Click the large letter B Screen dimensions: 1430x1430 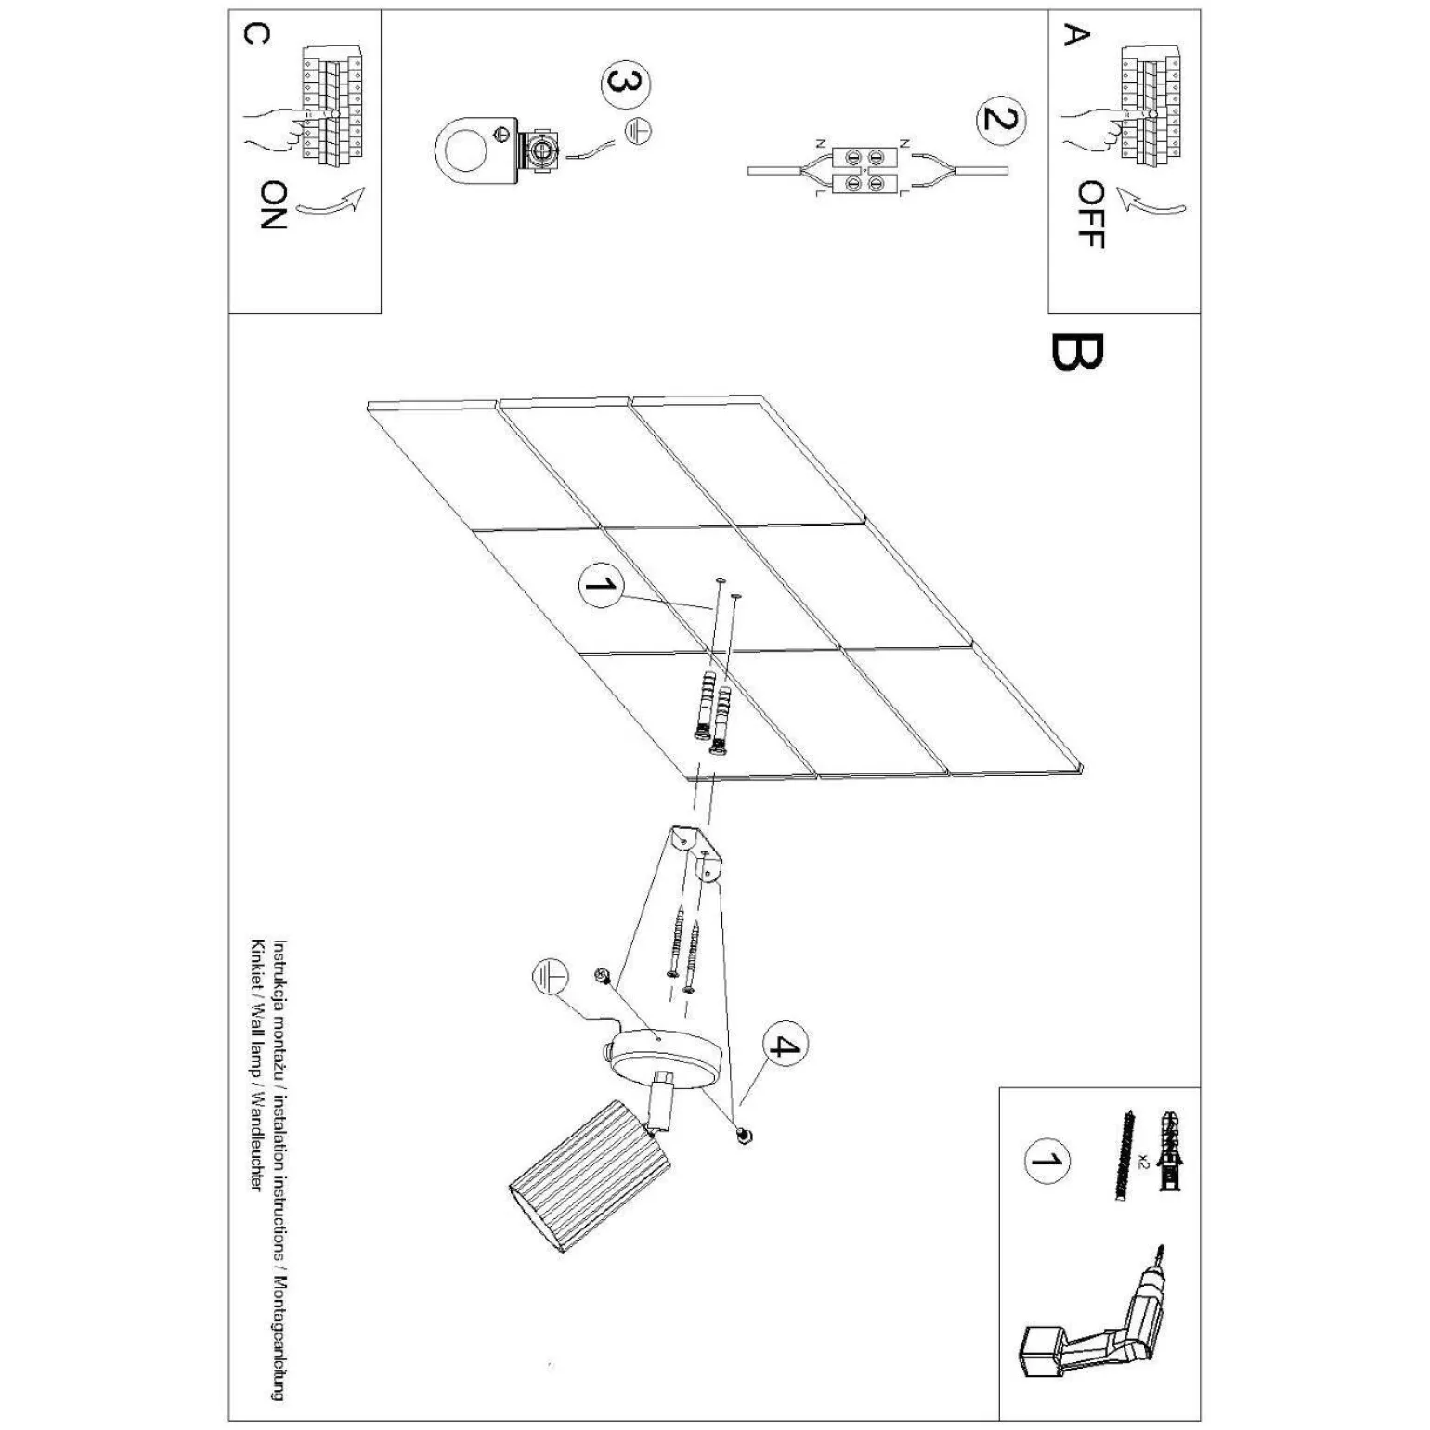tap(1078, 352)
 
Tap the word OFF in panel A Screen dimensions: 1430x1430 tap(1090, 214)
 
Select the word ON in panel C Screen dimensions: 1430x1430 tap(273, 205)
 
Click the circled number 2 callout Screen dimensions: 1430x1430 tap(1001, 121)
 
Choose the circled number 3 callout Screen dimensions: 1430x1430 tap(627, 84)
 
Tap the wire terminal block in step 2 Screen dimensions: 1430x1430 tap(864, 172)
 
